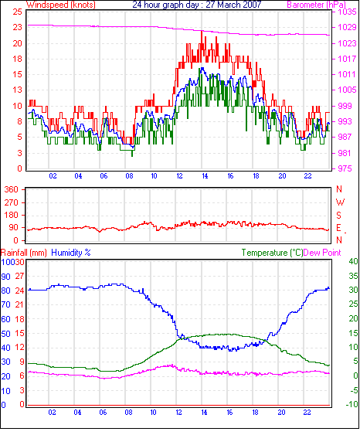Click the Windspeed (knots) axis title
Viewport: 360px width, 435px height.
point(61,5)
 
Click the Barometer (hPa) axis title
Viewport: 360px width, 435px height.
point(316,5)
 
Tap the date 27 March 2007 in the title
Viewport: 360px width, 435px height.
point(233,5)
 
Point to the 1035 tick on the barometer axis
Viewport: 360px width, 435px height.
point(347,12)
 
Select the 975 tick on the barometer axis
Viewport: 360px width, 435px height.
point(345,168)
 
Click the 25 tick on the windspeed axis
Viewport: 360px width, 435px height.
point(18,12)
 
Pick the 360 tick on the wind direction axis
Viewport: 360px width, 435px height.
point(11,189)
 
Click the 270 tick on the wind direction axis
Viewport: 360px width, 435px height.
point(11,202)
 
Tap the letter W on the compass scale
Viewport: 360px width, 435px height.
point(340,202)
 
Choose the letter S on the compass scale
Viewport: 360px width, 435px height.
point(338,216)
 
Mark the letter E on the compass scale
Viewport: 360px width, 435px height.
point(338,228)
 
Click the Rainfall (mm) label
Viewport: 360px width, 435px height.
point(24,253)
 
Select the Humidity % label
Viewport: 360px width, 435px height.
point(71,253)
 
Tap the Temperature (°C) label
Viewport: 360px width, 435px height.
point(272,253)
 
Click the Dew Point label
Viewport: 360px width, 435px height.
point(322,253)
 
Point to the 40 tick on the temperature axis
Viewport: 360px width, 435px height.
point(353,261)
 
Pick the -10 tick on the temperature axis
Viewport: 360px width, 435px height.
point(352,404)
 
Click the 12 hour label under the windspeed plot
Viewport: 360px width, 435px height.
point(179,176)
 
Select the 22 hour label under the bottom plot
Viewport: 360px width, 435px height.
point(307,413)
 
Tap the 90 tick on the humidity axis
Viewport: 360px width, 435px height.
point(6,277)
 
